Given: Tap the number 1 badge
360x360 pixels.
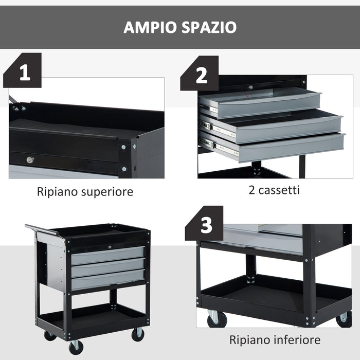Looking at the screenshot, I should tap(23, 73).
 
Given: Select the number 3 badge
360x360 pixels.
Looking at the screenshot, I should tap(206, 225).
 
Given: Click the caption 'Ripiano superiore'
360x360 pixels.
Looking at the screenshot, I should tap(85, 192).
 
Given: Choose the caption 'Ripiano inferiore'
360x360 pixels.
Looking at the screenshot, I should tap(275, 340).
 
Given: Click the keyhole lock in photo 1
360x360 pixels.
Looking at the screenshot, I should tap(30, 160).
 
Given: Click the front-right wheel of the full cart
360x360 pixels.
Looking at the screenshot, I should tap(138, 334).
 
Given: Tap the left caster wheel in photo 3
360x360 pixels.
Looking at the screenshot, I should tap(217, 319).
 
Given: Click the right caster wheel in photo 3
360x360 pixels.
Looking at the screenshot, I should tap(344, 319).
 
